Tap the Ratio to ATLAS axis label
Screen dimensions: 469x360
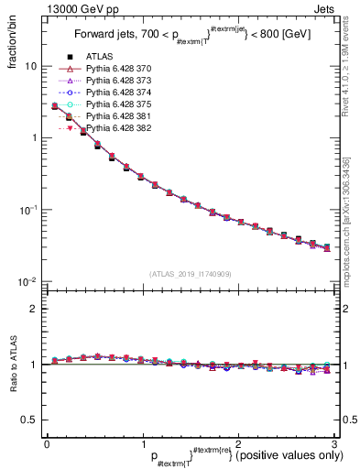pyautogui.click(x=14, y=368)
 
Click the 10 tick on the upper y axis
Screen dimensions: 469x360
pyautogui.click(x=31, y=67)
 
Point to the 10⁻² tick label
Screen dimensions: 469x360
pyautogui.click(x=28, y=281)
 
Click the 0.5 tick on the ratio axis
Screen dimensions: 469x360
pyautogui.click(x=30, y=420)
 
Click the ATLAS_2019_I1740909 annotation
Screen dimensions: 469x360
pyautogui.click(x=190, y=274)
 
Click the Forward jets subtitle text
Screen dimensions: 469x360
pyautogui.click(x=189, y=37)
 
